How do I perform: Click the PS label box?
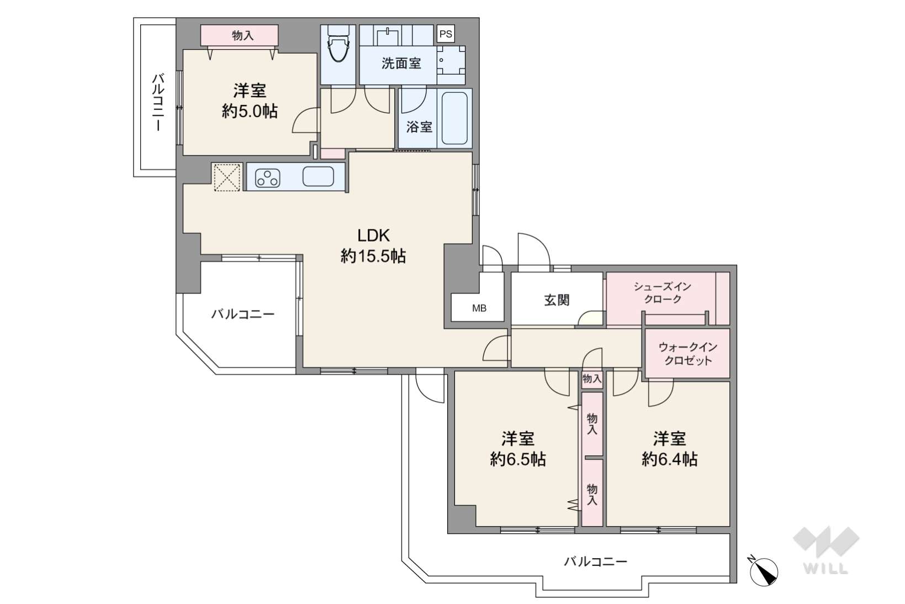click(x=446, y=34)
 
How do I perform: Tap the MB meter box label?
click(x=479, y=308)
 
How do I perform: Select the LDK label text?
click(x=373, y=235)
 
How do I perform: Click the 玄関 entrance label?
click(x=557, y=300)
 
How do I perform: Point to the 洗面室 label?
click(x=401, y=63)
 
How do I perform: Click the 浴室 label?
click(x=420, y=127)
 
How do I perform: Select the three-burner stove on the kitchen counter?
click(x=267, y=178)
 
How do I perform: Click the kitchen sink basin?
click(x=318, y=177)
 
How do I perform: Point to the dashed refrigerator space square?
click(x=226, y=177)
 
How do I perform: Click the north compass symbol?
click(x=763, y=571)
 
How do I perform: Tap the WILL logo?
click(x=826, y=550)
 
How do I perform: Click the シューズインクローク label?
click(x=663, y=293)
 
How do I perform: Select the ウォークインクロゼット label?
click(x=688, y=354)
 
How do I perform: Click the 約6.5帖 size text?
click(x=518, y=460)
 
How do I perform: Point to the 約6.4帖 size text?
click(x=669, y=460)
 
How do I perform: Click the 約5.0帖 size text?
click(x=250, y=111)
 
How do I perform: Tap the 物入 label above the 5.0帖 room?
click(x=243, y=35)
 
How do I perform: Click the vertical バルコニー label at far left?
click(x=158, y=102)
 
